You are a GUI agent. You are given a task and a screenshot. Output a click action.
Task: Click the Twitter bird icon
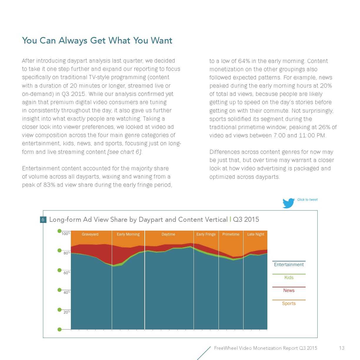coord(289,203)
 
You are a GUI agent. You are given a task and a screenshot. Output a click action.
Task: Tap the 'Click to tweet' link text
coord(307,200)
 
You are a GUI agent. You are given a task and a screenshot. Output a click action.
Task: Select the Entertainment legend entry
coord(289,265)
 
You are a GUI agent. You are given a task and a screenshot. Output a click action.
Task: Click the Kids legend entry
coord(289,278)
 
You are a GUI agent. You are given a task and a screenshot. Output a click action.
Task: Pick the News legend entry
coord(289,291)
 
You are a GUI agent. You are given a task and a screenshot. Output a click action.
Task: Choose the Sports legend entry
coord(289,304)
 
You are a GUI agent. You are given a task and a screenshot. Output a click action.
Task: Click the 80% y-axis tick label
coord(66,253)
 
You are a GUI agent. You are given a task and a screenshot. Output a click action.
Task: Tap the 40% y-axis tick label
coord(66,293)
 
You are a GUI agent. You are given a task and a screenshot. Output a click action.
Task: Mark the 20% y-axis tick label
coord(66,312)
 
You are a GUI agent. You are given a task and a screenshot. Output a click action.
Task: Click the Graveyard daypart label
coord(90,234)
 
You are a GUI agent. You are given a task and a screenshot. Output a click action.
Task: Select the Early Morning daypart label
coord(128,234)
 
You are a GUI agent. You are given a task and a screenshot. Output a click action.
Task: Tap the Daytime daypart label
coord(168,234)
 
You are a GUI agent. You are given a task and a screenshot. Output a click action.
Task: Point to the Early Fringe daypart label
coord(206,234)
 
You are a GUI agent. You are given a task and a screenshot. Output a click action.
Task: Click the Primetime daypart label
coord(231,234)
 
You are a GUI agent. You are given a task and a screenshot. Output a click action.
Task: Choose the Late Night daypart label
coord(256,234)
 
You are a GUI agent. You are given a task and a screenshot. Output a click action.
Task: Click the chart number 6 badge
coord(43,220)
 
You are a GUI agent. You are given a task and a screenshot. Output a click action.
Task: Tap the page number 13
coord(341,348)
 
